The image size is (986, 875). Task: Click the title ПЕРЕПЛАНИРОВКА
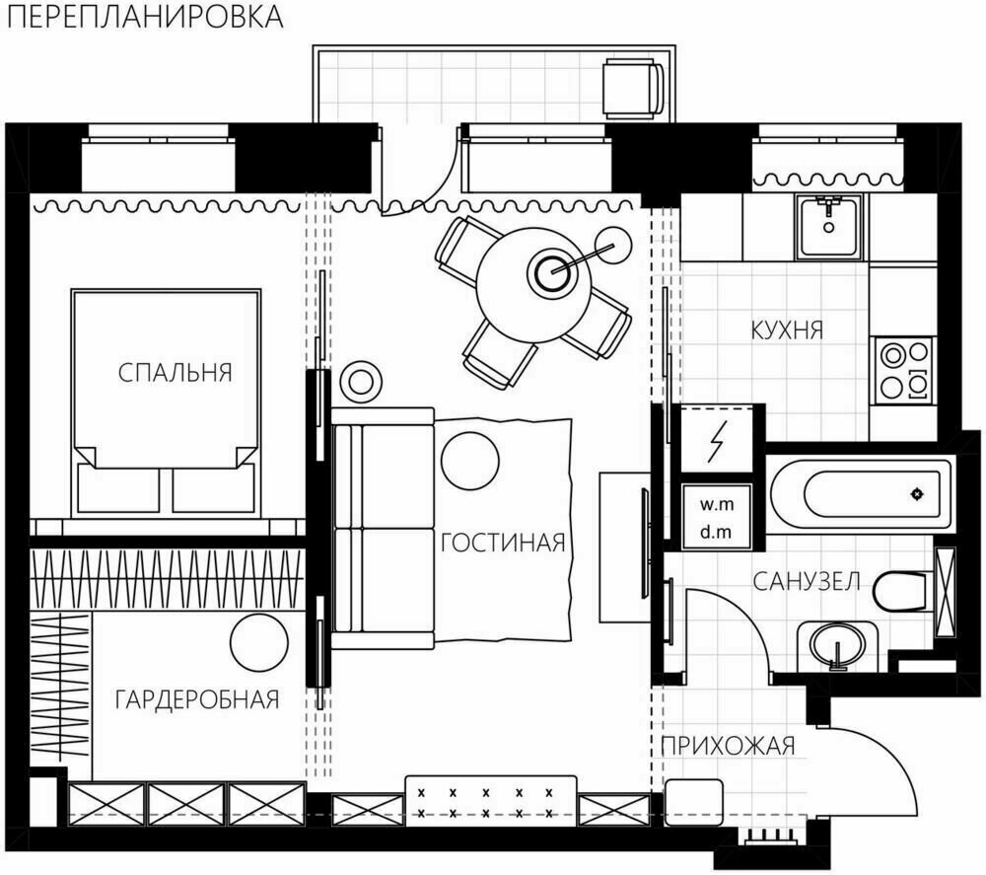143,18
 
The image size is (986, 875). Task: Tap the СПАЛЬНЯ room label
175,373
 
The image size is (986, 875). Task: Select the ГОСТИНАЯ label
502,543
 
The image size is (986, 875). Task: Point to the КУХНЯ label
786,329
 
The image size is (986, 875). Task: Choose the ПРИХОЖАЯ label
728,745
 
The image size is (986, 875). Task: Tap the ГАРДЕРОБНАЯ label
197,699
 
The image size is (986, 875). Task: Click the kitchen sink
828,226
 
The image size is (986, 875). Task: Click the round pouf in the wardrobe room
258,642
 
